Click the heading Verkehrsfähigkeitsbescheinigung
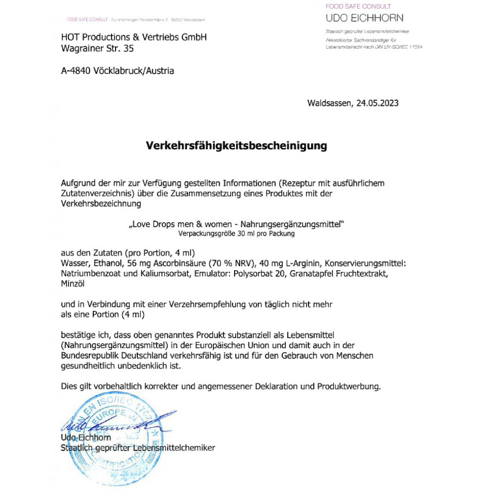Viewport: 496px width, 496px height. click(x=236, y=146)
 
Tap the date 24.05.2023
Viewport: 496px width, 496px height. click(x=377, y=103)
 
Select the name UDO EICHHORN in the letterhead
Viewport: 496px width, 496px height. click(x=365, y=18)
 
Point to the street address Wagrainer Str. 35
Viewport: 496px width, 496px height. click(x=97, y=49)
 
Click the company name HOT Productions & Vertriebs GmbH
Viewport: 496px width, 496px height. click(x=134, y=37)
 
